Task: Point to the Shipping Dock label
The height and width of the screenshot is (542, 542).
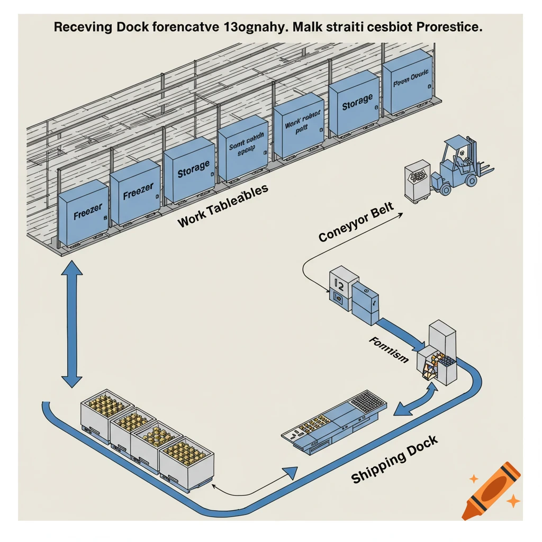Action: (x=394, y=459)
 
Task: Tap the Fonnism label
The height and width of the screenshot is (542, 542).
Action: (x=388, y=350)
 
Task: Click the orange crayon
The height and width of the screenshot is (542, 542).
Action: (x=491, y=490)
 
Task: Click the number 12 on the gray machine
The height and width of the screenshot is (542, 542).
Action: (x=340, y=286)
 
